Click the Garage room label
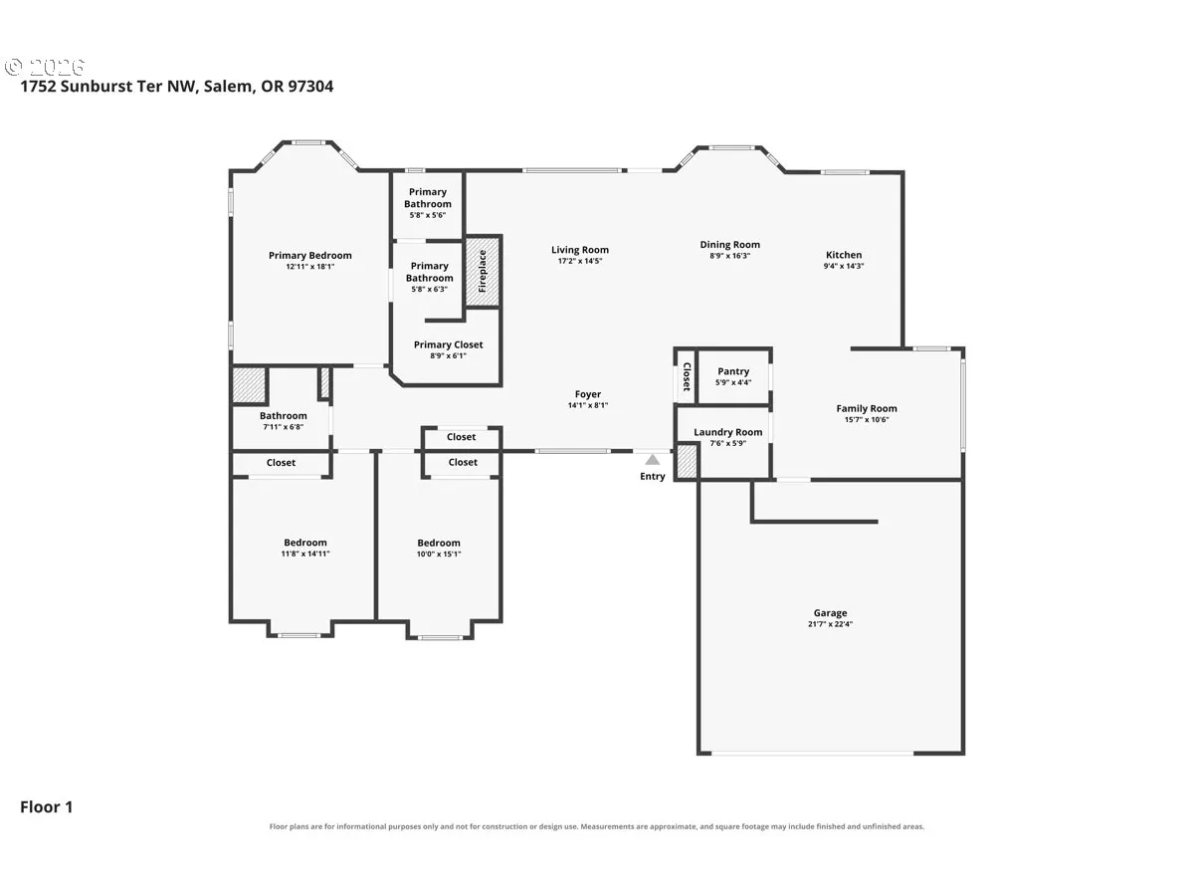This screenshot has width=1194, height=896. pos(830,612)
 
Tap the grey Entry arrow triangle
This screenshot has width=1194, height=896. pos(652,460)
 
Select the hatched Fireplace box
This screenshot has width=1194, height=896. pos(483,271)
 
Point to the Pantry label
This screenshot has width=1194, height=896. pos(733,371)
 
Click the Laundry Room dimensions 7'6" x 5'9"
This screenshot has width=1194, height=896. pos(727,443)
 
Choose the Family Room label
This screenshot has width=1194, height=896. pos(867,408)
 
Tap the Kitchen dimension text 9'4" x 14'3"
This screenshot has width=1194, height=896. pos(844,266)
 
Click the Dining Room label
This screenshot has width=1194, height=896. pos(730,245)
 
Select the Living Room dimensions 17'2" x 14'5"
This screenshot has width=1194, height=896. pos(580,261)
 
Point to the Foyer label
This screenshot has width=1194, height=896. pos(588,394)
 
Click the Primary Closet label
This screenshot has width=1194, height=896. pos(448,344)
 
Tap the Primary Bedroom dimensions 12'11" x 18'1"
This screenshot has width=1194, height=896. pos(310,267)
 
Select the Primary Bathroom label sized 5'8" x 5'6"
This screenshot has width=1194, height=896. pos(428,198)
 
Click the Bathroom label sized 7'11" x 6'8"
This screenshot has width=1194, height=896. pos(283,415)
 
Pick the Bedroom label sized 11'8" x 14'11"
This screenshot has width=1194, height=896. pos(305,543)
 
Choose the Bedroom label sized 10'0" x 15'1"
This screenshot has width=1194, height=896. pos(439,543)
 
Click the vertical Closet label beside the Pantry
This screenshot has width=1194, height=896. pos(687,376)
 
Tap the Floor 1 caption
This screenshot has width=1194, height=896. pos(46,806)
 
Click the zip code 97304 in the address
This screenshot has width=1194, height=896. pos(310,86)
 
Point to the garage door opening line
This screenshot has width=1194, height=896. pos(813,753)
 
